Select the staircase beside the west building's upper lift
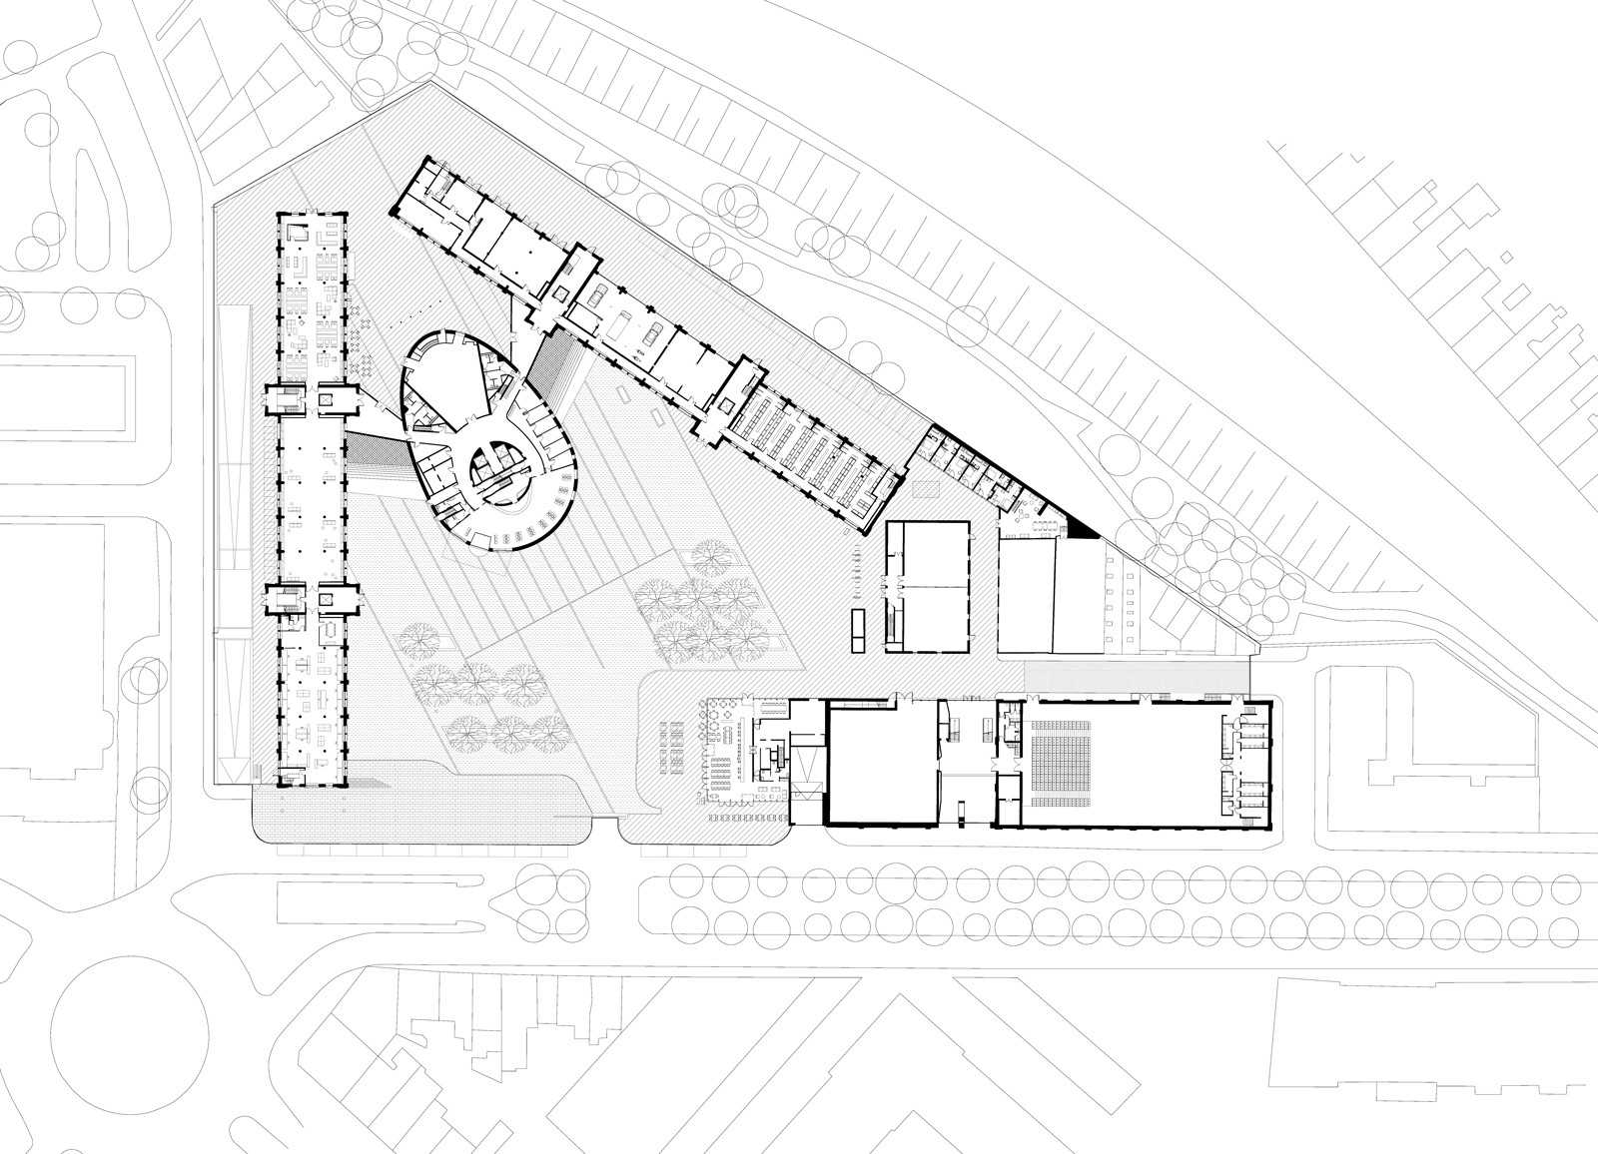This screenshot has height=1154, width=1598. pyautogui.click(x=285, y=399)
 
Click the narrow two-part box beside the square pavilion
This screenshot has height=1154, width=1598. pyautogui.click(x=857, y=629)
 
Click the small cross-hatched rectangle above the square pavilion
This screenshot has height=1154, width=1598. pyautogui.click(x=925, y=490)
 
